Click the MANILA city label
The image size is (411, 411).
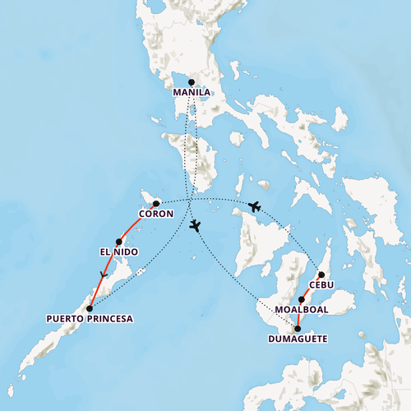coord(192,93)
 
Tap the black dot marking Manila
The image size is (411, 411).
coord(192,82)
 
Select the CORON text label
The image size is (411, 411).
coord(155,215)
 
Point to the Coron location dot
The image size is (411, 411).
coord(156,203)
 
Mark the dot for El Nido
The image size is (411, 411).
coord(119,242)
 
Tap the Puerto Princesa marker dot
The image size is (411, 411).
coord(89,308)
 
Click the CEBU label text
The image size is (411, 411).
coord(321,285)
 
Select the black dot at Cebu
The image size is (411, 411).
coord(321,275)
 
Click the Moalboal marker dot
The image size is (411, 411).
coord(302,299)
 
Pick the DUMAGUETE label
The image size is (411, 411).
coord(298,339)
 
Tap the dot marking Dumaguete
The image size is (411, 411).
coord(298,328)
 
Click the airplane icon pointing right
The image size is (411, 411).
coord(254,206)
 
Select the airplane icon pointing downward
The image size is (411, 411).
coord(195,226)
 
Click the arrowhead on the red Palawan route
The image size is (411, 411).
coord(103,275)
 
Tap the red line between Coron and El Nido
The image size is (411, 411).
coord(136,220)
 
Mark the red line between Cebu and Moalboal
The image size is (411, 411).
coord(312,287)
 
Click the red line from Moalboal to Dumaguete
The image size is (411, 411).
coord(299,314)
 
